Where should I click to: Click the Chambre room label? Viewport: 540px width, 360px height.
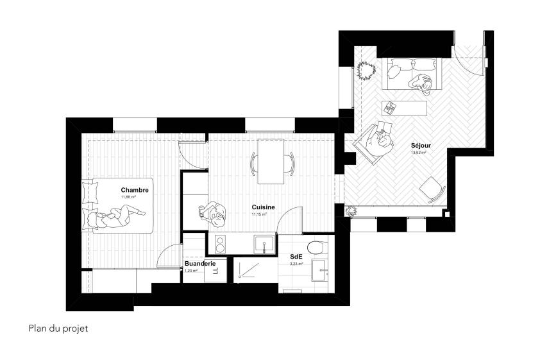135,190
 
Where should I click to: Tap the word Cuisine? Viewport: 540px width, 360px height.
263,207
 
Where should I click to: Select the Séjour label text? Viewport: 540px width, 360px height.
421,146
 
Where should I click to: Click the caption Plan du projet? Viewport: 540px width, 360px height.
58,329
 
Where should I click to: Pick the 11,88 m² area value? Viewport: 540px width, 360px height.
130,197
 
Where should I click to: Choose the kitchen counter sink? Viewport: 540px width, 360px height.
263,243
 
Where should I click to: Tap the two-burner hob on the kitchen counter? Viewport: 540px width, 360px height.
219,243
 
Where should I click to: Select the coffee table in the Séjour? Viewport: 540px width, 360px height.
404,107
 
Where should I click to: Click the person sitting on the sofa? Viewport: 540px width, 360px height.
422,80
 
